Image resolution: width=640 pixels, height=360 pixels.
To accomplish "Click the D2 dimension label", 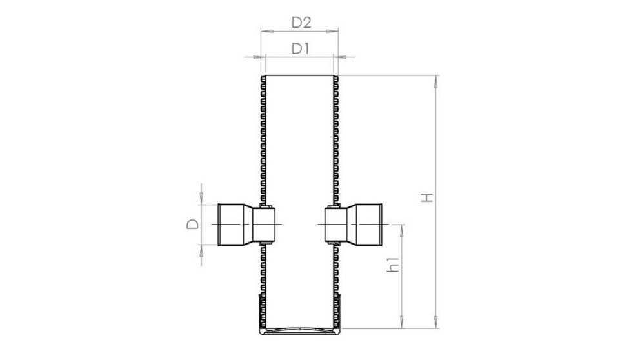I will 301,23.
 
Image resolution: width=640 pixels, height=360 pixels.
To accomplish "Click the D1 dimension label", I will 301,48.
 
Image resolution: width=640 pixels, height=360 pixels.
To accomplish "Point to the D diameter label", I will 192,225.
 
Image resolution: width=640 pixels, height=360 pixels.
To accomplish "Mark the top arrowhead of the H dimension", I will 437,79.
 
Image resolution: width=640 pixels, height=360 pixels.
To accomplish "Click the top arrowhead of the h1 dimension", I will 402,227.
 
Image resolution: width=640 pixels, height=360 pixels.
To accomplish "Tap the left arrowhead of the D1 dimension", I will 255,57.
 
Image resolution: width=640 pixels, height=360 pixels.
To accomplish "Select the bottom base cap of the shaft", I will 299,333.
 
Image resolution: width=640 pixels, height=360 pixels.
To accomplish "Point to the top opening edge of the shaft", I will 299,76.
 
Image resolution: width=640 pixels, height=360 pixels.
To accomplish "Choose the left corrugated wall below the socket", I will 263,271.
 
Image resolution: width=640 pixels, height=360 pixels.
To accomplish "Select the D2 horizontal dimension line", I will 299,30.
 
